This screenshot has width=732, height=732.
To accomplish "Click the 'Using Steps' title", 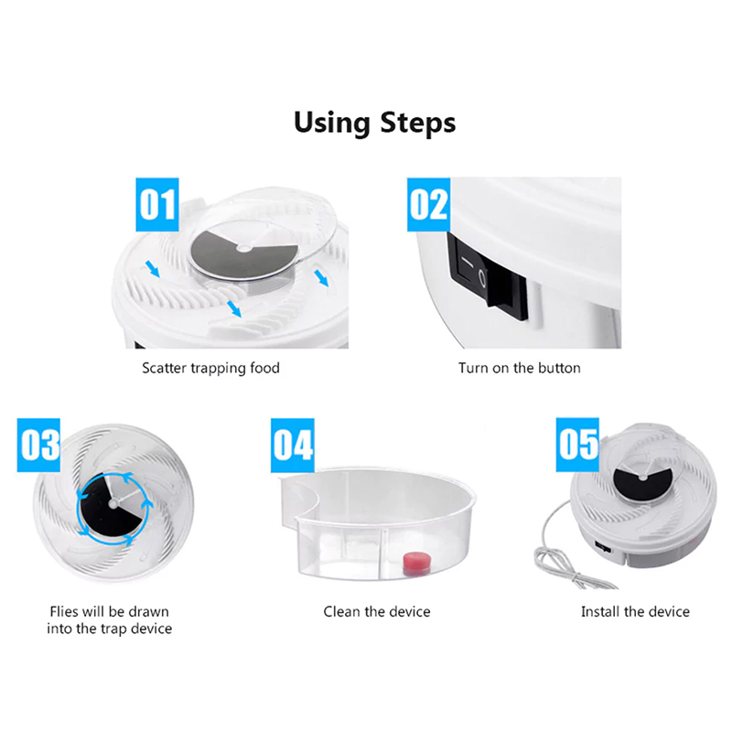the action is pyautogui.click(x=375, y=124).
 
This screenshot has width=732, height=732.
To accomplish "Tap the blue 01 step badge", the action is pyautogui.click(x=157, y=204).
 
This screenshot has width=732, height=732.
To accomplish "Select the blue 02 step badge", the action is pyautogui.click(x=428, y=204).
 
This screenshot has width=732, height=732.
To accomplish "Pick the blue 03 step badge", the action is pyautogui.click(x=38, y=445).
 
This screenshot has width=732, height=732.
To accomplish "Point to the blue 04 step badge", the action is pyautogui.click(x=293, y=446).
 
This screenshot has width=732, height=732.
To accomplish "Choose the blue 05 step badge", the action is pyautogui.click(x=577, y=445).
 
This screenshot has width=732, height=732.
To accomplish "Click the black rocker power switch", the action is pyautogui.click(x=487, y=277).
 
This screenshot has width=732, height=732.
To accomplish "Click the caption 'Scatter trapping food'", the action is pyautogui.click(x=211, y=369).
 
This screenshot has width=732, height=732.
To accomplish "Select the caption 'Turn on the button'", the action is pyautogui.click(x=519, y=368).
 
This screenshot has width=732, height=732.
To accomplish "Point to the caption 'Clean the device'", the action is pyautogui.click(x=377, y=611).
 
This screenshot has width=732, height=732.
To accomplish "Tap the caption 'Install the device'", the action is pyautogui.click(x=635, y=611).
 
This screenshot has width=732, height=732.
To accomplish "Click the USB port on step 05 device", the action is pyautogui.click(x=603, y=545).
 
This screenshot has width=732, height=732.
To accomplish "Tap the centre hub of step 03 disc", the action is pyautogui.click(x=113, y=503).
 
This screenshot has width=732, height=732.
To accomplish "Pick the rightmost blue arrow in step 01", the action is pyautogui.click(x=321, y=279).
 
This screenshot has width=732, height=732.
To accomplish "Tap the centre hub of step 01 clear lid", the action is pyautogui.click(x=243, y=248).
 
